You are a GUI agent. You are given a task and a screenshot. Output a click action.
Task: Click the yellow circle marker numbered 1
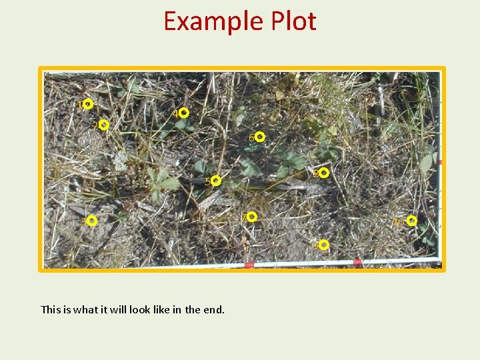(x=88, y=104)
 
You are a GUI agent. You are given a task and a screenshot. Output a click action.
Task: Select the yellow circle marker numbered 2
(x=104, y=125)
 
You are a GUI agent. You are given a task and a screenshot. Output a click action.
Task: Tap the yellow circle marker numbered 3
(x=92, y=220)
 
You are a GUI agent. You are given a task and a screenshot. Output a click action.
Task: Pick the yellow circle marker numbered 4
(x=184, y=113)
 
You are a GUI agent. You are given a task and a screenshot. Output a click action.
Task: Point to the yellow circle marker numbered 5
(x=216, y=181)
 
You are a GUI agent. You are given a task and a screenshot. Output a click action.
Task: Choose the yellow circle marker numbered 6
(x=260, y=137)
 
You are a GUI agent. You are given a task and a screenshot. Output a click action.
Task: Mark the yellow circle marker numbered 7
(x=252, y=217)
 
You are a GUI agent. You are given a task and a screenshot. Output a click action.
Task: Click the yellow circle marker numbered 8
(x=323, y=173)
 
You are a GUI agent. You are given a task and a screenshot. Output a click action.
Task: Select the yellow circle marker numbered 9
(x=324, y=245)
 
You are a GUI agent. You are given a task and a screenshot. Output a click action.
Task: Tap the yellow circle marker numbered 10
(x=412, y=221)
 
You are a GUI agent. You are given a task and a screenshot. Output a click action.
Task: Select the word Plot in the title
(x=293, y=21)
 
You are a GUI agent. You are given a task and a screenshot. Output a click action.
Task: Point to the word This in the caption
(x=51, y=309)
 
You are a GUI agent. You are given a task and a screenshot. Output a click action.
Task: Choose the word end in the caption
(x=214, y=309)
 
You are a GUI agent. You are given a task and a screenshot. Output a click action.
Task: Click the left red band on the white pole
(x=249, y=265)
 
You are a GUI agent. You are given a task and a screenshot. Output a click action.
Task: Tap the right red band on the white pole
(x=357, y=261)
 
